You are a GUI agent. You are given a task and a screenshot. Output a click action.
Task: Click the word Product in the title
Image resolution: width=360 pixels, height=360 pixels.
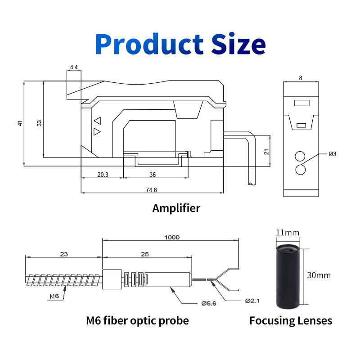click(149, 45)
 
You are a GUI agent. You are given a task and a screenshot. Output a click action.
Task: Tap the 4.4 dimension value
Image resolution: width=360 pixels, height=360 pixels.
click(74, 67)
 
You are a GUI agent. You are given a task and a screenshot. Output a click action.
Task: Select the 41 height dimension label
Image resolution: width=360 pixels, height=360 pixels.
click(20, 123)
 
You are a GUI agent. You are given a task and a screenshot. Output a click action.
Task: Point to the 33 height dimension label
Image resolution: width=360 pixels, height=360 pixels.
click(39, 123)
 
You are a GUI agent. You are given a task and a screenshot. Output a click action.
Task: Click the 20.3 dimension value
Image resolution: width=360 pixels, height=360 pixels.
click(103, 175)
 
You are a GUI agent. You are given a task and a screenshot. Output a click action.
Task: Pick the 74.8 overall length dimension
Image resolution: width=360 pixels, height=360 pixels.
click(151, 190)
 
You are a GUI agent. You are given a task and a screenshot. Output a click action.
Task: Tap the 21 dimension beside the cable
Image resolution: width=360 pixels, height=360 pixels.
click(266, 152)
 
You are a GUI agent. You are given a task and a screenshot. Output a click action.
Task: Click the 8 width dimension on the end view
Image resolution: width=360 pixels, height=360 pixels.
click(301, 78)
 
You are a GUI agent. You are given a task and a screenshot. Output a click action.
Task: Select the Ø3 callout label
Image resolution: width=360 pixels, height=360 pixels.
click(332, 154)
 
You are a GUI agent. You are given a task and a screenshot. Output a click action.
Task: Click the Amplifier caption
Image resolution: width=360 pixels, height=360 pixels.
click(176, 208)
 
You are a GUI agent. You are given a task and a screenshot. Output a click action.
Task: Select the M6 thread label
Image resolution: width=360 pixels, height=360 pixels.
click(54, 296)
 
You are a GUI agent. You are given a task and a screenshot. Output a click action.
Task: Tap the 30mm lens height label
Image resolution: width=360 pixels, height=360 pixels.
click(319, 274)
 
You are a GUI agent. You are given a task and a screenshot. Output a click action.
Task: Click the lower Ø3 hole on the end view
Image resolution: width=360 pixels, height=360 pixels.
click(300, 170)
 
